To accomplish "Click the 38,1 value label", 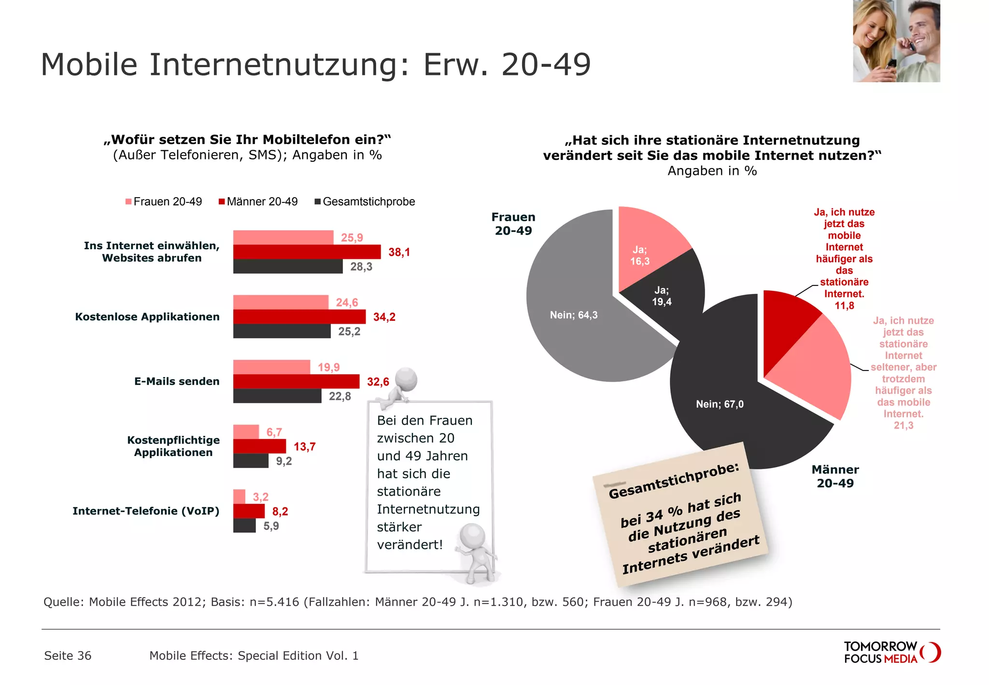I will click(399, 252).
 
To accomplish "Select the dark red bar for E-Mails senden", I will click(296, 382).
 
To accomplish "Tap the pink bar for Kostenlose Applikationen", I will click(280, 302).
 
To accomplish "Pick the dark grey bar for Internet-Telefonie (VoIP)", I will click(244, 526).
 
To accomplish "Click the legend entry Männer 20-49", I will click(258, 202).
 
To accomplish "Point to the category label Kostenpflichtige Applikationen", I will click(173, 446).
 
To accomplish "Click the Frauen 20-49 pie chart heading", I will click(513, 224).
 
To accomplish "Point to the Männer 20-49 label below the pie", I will click(835, 476).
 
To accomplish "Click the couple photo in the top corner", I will click(896, 41).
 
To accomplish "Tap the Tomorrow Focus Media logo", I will click(891, 652).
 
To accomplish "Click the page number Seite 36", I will click(68, 656).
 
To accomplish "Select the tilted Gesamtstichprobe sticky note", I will click(681, 517).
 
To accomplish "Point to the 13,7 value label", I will click(304, 447).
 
